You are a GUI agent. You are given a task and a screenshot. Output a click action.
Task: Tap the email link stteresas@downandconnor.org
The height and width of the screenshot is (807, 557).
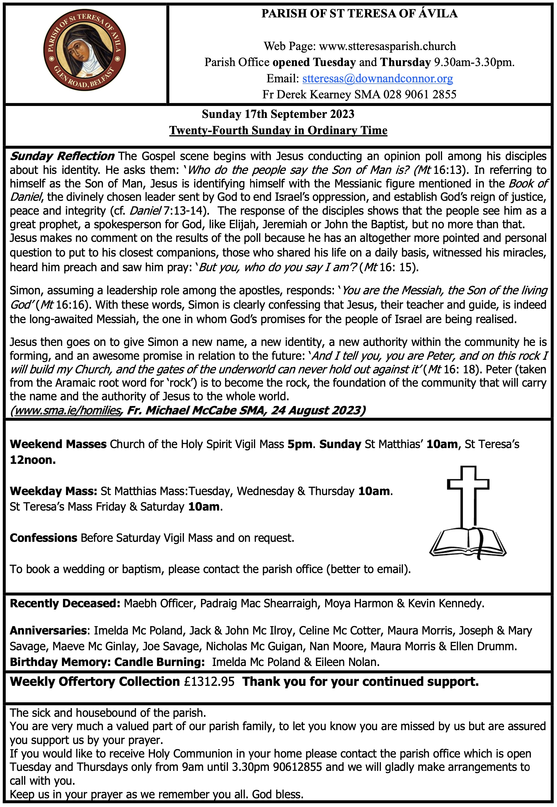click(378, 79)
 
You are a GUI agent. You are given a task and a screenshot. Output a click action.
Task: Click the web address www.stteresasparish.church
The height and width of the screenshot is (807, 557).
click(387, 46)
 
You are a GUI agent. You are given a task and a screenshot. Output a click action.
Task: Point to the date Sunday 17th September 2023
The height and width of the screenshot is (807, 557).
click(278, 114)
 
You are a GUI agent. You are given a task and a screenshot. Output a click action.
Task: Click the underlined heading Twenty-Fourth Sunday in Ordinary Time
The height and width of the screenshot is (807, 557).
click(278, 130)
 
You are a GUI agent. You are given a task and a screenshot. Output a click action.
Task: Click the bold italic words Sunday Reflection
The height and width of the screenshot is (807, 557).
click(62, 156)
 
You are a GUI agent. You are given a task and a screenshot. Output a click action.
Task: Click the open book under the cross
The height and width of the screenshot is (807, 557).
click(468, 543)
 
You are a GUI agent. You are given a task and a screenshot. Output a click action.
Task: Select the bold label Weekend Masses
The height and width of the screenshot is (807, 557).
click(58, 444)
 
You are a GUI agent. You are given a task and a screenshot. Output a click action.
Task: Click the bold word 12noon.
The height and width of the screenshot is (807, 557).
click(32, 460)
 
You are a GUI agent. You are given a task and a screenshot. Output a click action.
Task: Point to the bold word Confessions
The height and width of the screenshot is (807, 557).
click(43, 538)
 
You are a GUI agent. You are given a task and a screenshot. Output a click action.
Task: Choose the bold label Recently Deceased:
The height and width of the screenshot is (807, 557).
click(65, 603)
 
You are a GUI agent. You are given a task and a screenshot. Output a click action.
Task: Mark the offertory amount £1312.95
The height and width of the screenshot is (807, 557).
click(209, 681)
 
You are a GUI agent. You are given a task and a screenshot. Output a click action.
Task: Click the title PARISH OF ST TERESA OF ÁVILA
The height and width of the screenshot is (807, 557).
click(359, 14)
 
